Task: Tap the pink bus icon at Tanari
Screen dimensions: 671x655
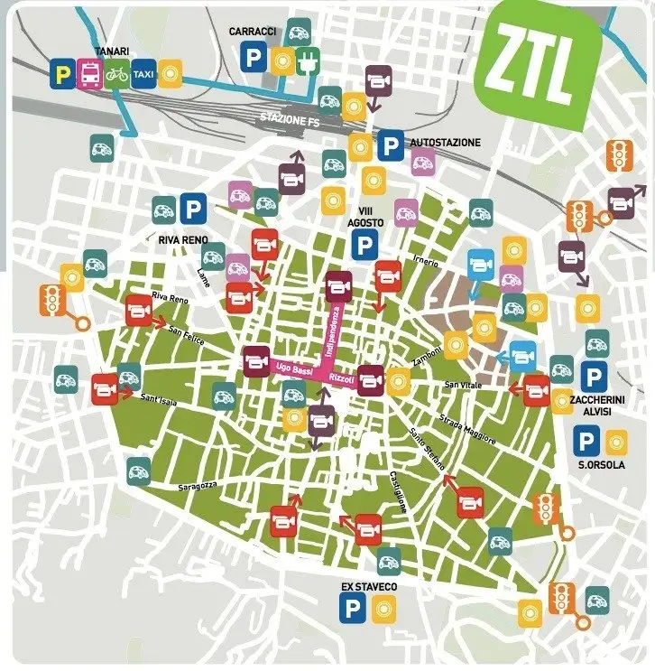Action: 89,72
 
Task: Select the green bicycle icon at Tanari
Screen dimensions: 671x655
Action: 116,72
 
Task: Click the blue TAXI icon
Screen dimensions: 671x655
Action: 143,72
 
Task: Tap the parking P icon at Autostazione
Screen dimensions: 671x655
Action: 390,144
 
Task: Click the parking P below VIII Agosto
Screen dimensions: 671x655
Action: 364,244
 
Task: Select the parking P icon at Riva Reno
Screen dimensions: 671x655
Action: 191,210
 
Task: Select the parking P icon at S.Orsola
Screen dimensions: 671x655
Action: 586,442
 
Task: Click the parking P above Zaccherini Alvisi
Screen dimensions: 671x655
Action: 593,377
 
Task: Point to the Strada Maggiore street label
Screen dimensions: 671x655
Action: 466,429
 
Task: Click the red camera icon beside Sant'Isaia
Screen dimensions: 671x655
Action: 104,388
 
